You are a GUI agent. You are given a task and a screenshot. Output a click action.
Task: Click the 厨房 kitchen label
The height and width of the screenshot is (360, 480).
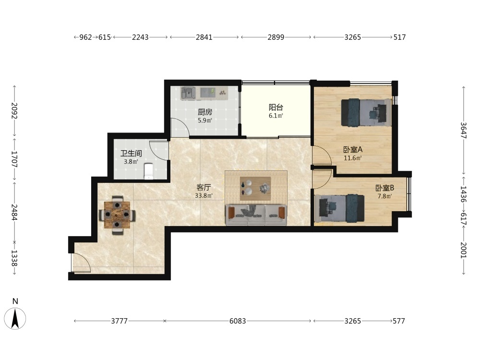(x=205, y=112)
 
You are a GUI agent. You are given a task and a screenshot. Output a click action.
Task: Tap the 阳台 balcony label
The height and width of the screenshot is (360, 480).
(x=276, y=107)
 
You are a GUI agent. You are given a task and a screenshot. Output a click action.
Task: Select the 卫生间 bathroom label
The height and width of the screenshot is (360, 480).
(x=131, y=153)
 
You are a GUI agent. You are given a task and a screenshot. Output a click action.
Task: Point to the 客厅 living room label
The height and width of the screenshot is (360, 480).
(x=204, y=187)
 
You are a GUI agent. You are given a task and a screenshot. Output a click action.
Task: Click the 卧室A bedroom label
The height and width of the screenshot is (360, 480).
(x=353, y=150)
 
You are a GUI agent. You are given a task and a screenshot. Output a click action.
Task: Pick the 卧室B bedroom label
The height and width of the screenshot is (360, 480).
(x=385, y=188)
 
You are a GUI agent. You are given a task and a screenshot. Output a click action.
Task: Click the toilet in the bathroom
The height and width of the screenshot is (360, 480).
(x=148, y=171)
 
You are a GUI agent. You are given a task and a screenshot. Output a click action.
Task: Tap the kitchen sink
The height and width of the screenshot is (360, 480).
(x=188, y=93)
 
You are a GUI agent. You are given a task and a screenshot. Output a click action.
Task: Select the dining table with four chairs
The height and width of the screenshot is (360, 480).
(x=117, y=215)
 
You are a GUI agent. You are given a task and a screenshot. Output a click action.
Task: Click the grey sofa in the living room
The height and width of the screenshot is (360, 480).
(x=256, y=215)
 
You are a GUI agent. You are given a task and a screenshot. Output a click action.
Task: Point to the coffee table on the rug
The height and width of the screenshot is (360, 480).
(x=255, y=188)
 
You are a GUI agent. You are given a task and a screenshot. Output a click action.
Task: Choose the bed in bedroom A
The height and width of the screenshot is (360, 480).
(x=366, y=112)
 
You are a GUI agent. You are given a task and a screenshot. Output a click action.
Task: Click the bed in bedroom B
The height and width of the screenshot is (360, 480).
(x=339, y=208)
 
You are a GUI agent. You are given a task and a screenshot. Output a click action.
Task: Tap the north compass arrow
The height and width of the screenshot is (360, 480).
(x=15, y=318)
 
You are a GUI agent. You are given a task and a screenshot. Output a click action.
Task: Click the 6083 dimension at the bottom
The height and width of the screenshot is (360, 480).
(x=238, y=321)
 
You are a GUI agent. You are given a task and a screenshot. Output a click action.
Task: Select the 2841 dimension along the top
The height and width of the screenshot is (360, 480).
(x=204, y=37)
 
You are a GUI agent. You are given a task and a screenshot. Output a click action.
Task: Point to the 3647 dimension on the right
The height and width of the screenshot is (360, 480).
(x=464, y=131)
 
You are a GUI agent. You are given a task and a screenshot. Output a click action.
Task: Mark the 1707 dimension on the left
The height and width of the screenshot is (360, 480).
(x=14, y=159)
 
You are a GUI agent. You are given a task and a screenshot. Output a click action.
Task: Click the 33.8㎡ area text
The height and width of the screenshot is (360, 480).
(x=204, y=195)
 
